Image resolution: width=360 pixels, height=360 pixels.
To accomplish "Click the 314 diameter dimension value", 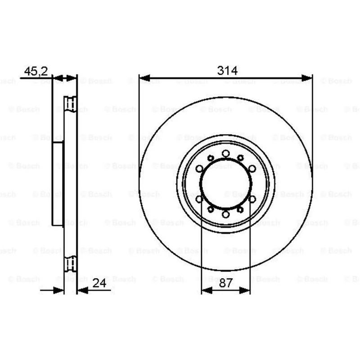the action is point(227,71).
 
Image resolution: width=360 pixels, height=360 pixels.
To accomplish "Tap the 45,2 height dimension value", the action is point(36,71).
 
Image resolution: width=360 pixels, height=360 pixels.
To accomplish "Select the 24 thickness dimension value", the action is point(99,283).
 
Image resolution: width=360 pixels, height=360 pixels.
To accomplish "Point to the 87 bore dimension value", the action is point(226,283).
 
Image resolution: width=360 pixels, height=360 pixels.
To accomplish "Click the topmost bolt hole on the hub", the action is point(226,153).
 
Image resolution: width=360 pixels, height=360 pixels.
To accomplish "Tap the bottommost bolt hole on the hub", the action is point(226,215).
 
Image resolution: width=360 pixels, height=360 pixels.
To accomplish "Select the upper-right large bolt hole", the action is point(252,169).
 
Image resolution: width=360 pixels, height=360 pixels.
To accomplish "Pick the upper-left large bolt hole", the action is point(199,169).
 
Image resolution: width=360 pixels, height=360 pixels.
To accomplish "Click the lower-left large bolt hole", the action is point(199,199).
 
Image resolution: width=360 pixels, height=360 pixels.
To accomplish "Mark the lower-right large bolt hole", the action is point(252,199).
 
